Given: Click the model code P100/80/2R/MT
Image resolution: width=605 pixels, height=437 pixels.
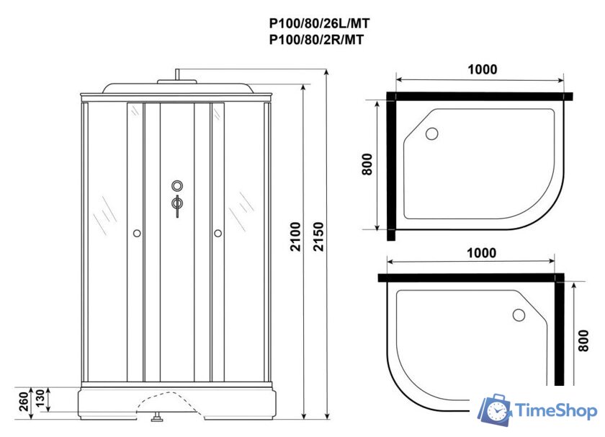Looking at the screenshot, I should [316, 40].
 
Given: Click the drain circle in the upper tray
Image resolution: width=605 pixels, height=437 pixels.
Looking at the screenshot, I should [432, 133].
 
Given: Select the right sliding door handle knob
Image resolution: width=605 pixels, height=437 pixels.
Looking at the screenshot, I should [217, 233].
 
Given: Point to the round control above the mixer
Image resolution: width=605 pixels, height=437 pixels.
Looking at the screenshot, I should [176, 185].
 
